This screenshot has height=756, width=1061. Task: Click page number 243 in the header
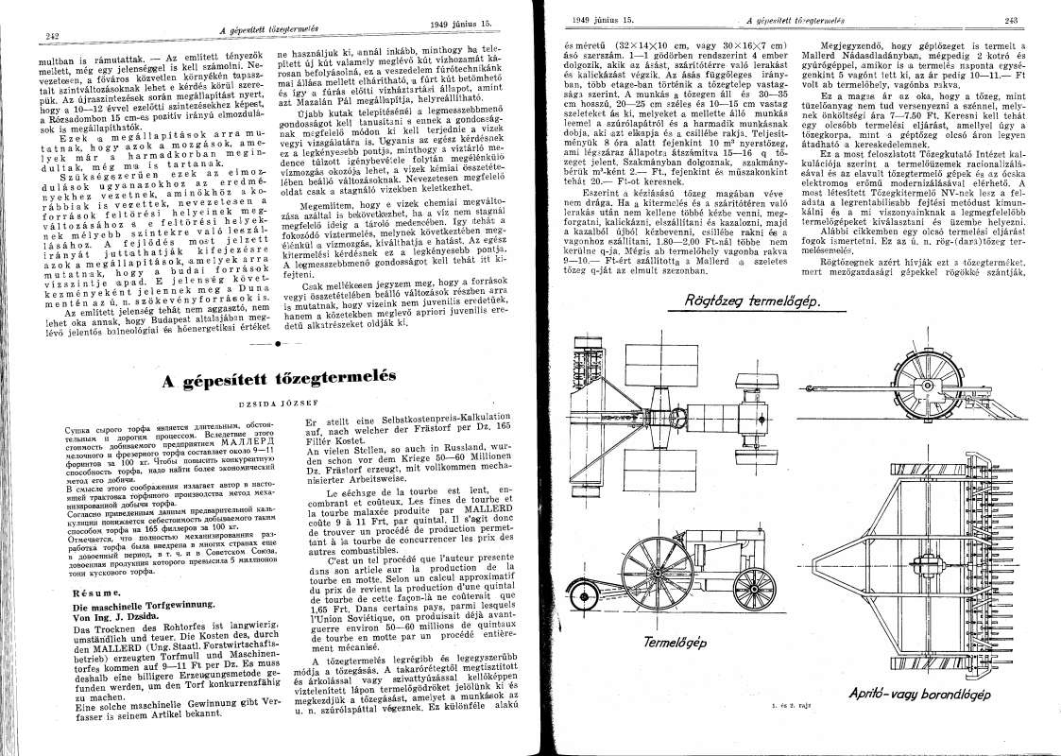(1010, 20)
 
